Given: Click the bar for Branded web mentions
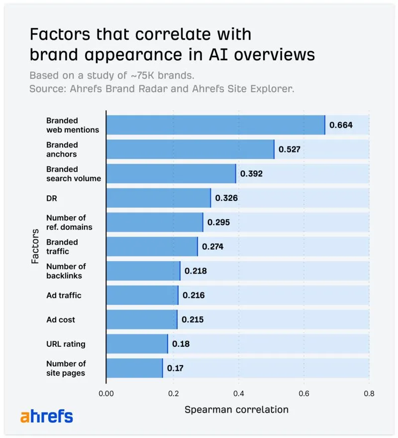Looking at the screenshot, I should pyautogui.click(x=215, y=125).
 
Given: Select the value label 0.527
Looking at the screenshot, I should pyautogui.click(x=289, y=149).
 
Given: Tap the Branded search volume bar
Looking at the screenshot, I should pyautogui.click(x=171, y=173).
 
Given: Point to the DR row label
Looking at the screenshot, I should pyautogui.click(x=52, y=198).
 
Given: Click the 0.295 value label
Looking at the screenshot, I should pyautogui.click(x=218, y=222).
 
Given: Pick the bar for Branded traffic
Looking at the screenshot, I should pyautogui.click(x=152, y=247).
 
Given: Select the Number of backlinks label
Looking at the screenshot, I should pyautogui.click(x=66, y=271).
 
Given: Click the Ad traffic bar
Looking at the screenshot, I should pyautogui.click(x=142, y=295).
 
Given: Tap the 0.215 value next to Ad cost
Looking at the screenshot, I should pyautogui.click(x=193, y=320).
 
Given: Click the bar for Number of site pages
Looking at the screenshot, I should pyautogui.click(x=134, y=368).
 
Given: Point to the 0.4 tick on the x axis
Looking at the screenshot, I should pyautogui.click(x=238, y=393).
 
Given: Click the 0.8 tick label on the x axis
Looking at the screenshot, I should pyautogui.click(x=369, y=393).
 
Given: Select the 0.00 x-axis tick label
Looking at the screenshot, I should pyautogui.click(x=106, y=393).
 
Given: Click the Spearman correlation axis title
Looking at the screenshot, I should pyautogui.click(x=236, y=410).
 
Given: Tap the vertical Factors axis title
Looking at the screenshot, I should pyautogui.click(x=35, y=247).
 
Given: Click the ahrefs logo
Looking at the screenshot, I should pyautogui.click(x=46, y=417).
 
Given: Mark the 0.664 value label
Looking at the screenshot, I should pyautogui.click(x=341, y=125).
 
